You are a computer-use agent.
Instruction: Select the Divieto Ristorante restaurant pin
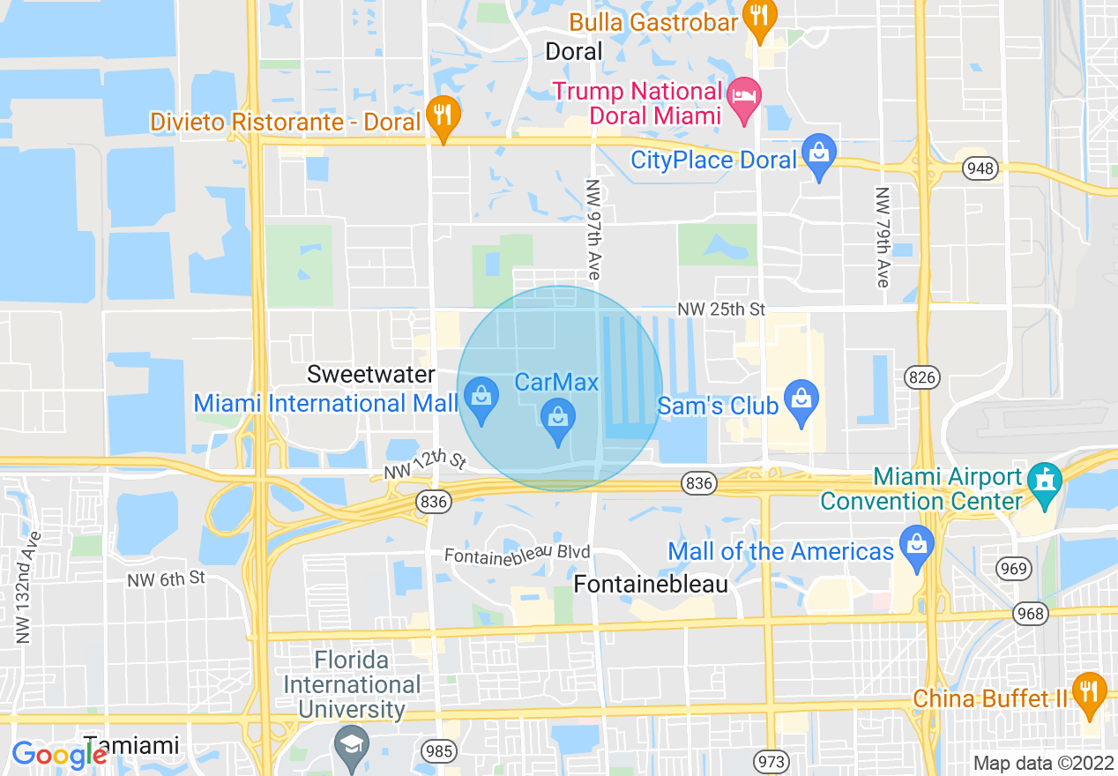coord(443,116)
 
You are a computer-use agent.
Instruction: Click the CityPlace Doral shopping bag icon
coord(819,153)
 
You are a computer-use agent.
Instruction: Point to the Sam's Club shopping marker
coord(801,400)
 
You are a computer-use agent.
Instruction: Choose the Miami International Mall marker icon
coord(481,398)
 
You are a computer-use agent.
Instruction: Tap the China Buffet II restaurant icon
coord(1091,692)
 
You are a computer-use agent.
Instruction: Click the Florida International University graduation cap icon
coord(352,745)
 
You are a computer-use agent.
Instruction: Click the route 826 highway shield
coord(921,378)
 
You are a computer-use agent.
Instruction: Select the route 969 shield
coord(1014,568)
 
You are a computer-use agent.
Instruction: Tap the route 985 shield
coord(438,751)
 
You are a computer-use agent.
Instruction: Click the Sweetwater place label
coord(370,374)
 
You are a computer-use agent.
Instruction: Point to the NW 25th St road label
coord(721,310)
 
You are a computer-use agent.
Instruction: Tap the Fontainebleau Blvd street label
coord(517,555)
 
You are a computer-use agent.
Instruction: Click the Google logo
coord(58,755)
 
